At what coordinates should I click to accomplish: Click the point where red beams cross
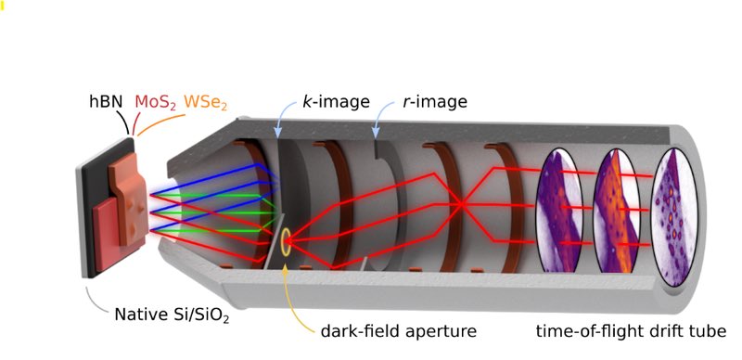(x=458, y=201)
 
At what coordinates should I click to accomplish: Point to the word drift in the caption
(x=664, y=329)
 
